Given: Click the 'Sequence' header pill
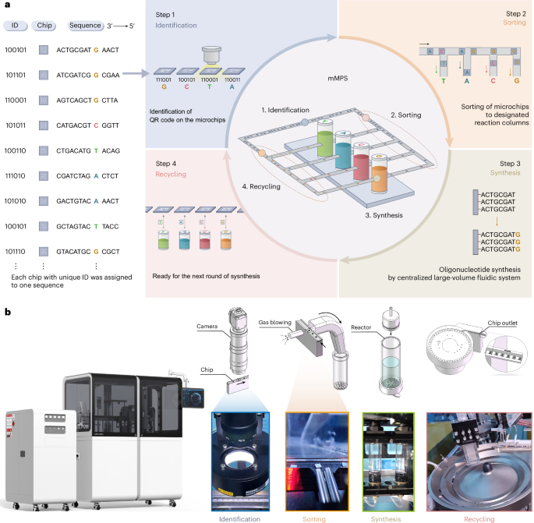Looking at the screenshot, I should pyautogui.click(x=84, y=25).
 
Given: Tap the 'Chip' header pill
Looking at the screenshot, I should pyautogui.click(x=44, y=25).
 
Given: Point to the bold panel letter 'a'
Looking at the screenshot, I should pyautogui.click(x=7, y=6).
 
